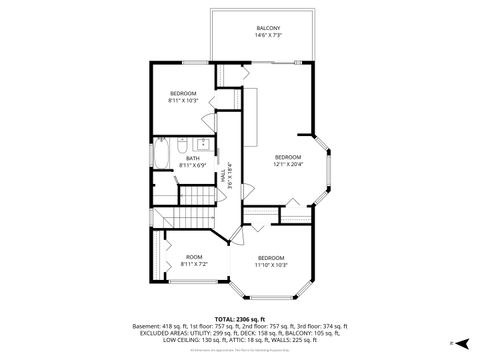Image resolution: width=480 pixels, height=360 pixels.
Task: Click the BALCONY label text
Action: [267, 28]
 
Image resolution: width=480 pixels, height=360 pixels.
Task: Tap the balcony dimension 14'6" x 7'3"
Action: [267, 36]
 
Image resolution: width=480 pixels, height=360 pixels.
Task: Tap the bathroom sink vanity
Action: [199, 144]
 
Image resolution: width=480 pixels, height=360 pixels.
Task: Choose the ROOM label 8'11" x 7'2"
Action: [194, 260]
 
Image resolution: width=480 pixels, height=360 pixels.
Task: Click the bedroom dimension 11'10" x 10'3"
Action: [271, 264]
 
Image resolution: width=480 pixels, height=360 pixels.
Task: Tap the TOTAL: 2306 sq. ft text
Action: [240, 318]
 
